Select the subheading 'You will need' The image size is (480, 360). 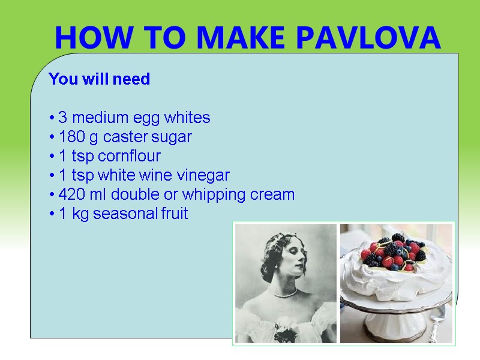point(99,79)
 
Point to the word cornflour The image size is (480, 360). point(130,156)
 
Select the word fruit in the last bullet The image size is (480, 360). point(175,214)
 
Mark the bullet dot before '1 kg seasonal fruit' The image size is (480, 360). point(53,214)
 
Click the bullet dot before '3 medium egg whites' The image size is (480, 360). point(53,118)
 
